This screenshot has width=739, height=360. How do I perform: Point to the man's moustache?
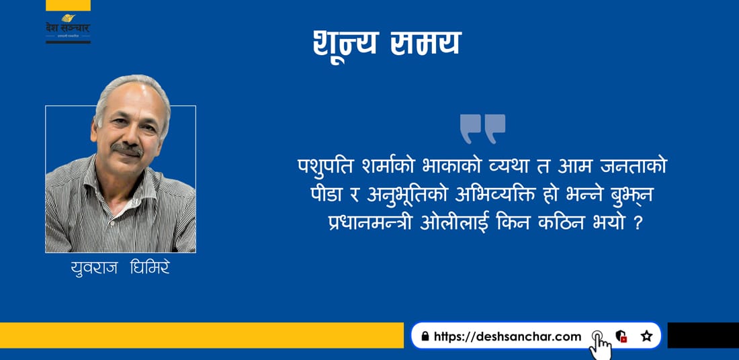(127, 149)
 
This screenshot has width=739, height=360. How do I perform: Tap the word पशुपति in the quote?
(323, 167)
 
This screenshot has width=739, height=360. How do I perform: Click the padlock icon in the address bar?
(425, 336)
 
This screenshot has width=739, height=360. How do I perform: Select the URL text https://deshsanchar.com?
(508, 336)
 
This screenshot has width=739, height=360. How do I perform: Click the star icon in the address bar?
(646, 336)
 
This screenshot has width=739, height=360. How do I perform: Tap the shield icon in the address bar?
(621, 336)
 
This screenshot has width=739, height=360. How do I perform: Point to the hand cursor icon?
(601, 346)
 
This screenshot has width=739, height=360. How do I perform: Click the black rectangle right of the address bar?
(703, 336)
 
